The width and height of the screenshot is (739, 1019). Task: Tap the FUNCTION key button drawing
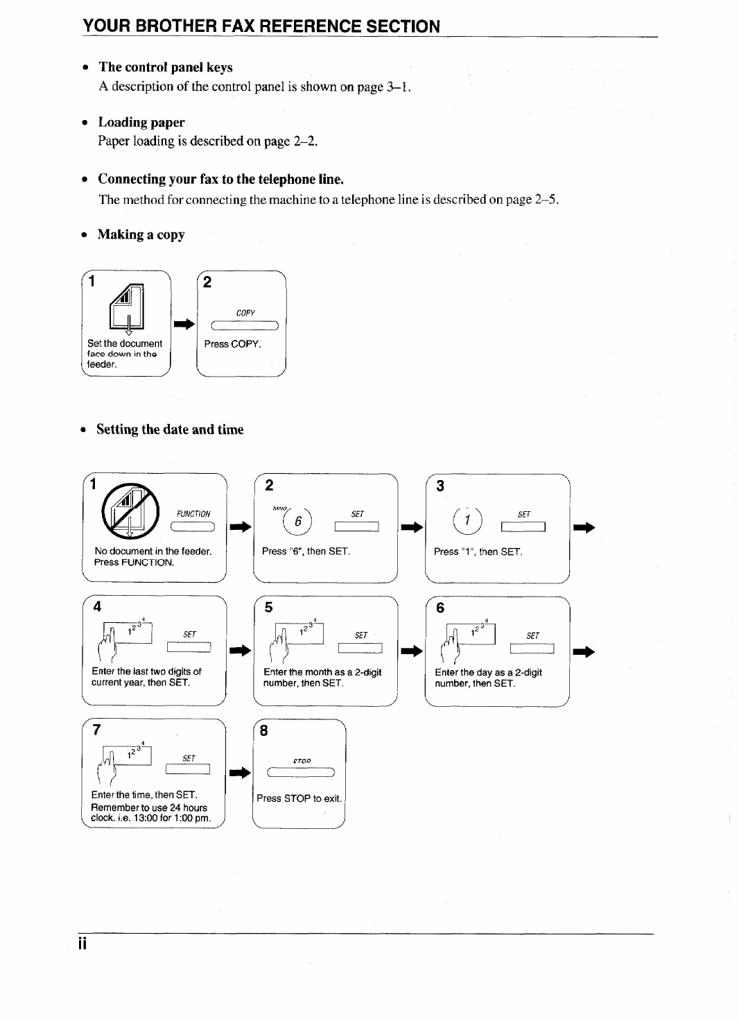point(193,528)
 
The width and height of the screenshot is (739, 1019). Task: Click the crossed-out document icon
point(130,513)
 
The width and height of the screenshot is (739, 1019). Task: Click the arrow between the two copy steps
point(184,324)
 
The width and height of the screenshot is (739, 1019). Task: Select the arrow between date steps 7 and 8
point(240,773)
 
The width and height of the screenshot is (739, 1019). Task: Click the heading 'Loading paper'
point(141,123)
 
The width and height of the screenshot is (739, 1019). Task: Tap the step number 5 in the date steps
point(269,608)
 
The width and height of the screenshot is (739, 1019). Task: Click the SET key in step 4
point(189,648)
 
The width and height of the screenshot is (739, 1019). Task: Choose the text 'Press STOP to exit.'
point(299,798)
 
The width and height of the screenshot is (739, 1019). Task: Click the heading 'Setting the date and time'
point(170,429)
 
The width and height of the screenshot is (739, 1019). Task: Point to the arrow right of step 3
point(584,529)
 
